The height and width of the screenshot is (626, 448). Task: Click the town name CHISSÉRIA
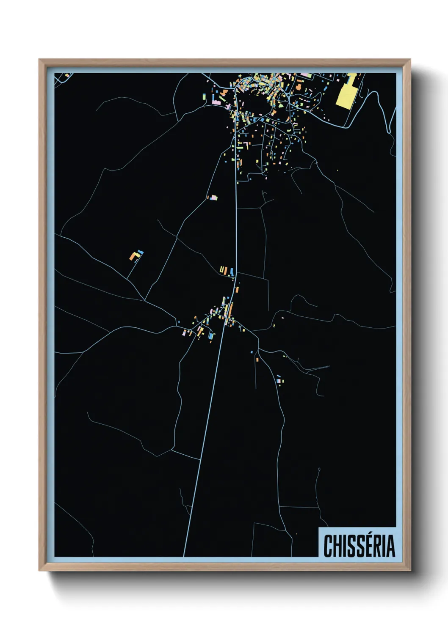[359, 546]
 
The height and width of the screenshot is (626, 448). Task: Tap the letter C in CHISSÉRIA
[328, 546]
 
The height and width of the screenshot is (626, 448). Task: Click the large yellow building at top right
[346, 95]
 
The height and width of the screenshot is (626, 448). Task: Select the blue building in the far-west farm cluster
[141, 252]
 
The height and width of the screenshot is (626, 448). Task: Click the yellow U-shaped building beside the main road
[221, 269]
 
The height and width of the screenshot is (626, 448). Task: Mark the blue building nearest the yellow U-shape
[232, 271]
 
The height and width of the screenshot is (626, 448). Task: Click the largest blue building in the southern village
[211, 336]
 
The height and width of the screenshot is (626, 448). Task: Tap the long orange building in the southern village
[230, 311]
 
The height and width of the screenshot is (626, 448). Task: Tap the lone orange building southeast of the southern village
[257, 360]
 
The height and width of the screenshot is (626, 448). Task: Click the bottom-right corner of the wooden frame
[410, 571]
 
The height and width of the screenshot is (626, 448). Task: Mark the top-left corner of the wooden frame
[39, 60]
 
